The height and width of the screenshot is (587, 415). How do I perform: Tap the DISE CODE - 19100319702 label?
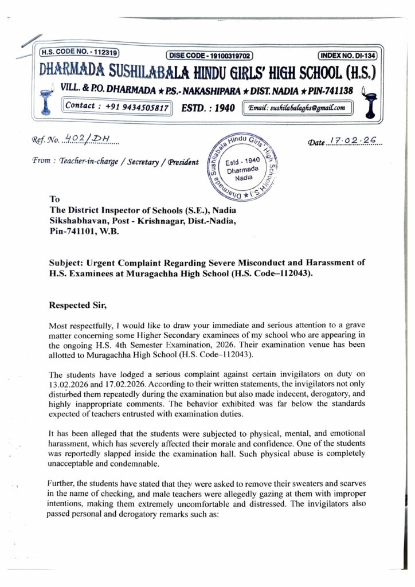click(x=210, y=56)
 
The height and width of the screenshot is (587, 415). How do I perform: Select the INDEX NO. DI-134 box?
click(x=347, y=56)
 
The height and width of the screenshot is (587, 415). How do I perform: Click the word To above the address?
click(x=56, y=200)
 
